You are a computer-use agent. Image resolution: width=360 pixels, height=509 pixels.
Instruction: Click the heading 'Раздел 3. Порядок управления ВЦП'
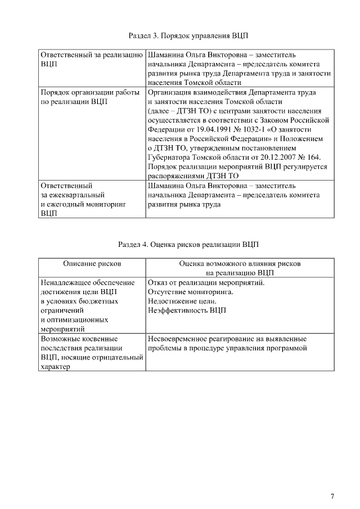point(185,36)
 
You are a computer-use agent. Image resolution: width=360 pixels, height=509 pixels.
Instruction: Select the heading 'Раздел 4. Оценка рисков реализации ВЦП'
point(185,245)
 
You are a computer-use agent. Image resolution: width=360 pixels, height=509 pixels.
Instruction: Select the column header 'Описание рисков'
point(92,263)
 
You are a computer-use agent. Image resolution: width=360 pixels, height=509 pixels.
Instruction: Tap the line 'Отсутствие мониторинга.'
point(190,292)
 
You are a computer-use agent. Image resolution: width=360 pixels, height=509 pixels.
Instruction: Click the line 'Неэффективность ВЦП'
point(186,310)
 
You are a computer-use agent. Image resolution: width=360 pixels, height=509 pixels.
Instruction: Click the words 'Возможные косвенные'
point(79,340)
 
